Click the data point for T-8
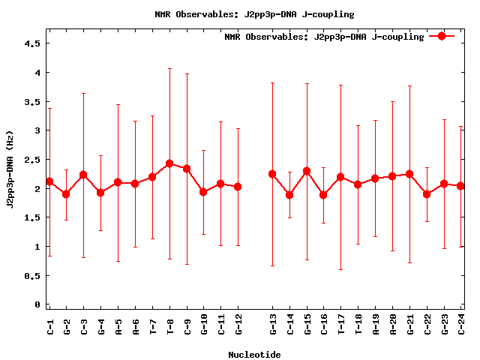pos(169,163)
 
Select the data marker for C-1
pos(49,181)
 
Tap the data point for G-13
pos(272,174)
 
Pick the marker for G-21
pos(409,174)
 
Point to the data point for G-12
pos(238,187)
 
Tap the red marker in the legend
pos(442,36)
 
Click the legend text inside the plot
pos(324,36)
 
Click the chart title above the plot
pos(254,14)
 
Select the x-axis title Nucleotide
pos(254,355)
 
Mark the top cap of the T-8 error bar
pos(169,69)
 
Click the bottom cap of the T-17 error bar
pos(341,269)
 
